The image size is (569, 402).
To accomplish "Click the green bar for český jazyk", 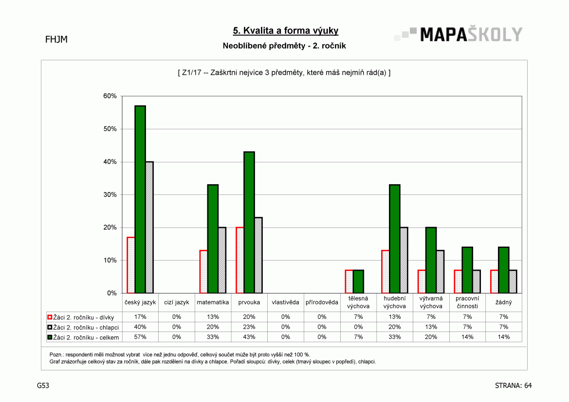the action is tap(140, 199).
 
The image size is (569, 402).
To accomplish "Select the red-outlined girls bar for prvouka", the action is tap(240, 260).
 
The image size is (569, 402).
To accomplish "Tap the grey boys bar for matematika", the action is tap(222, 260).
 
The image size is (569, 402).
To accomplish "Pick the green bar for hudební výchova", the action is tap(394, 239).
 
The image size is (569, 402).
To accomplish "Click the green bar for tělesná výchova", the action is tap(358, 281).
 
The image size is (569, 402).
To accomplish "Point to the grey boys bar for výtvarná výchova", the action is tap(440, 272).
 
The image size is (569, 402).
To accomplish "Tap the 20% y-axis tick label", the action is tap(110, 227).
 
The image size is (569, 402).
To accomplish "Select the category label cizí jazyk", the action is tap(176, 302).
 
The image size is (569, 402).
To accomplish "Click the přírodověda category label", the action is tap(322, 302).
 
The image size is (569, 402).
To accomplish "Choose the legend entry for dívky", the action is tap(81, 317).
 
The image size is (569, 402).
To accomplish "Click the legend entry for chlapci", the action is tap(83, 327).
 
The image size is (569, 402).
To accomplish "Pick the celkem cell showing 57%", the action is tap(140, 337).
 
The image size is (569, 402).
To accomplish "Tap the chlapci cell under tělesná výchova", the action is tap(358, 327).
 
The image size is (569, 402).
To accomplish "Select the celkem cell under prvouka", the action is tap(249, 337).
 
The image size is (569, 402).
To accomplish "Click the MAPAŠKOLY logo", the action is tap(459, 35).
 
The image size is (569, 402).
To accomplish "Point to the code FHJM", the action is tap(56, 39).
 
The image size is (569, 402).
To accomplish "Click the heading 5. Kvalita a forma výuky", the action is tap(286, 31).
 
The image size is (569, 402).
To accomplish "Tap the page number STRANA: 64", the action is tap(513, 385).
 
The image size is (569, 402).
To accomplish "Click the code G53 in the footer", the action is tap(43, 385).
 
